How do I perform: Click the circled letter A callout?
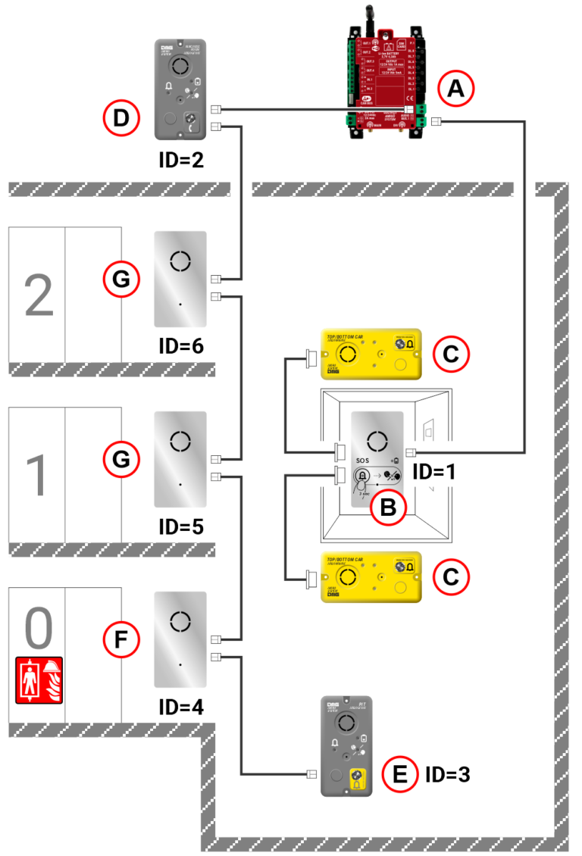[455, 89]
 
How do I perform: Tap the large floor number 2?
[39, 295]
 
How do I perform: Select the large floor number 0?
[39, 627]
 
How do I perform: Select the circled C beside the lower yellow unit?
[452, 576]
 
